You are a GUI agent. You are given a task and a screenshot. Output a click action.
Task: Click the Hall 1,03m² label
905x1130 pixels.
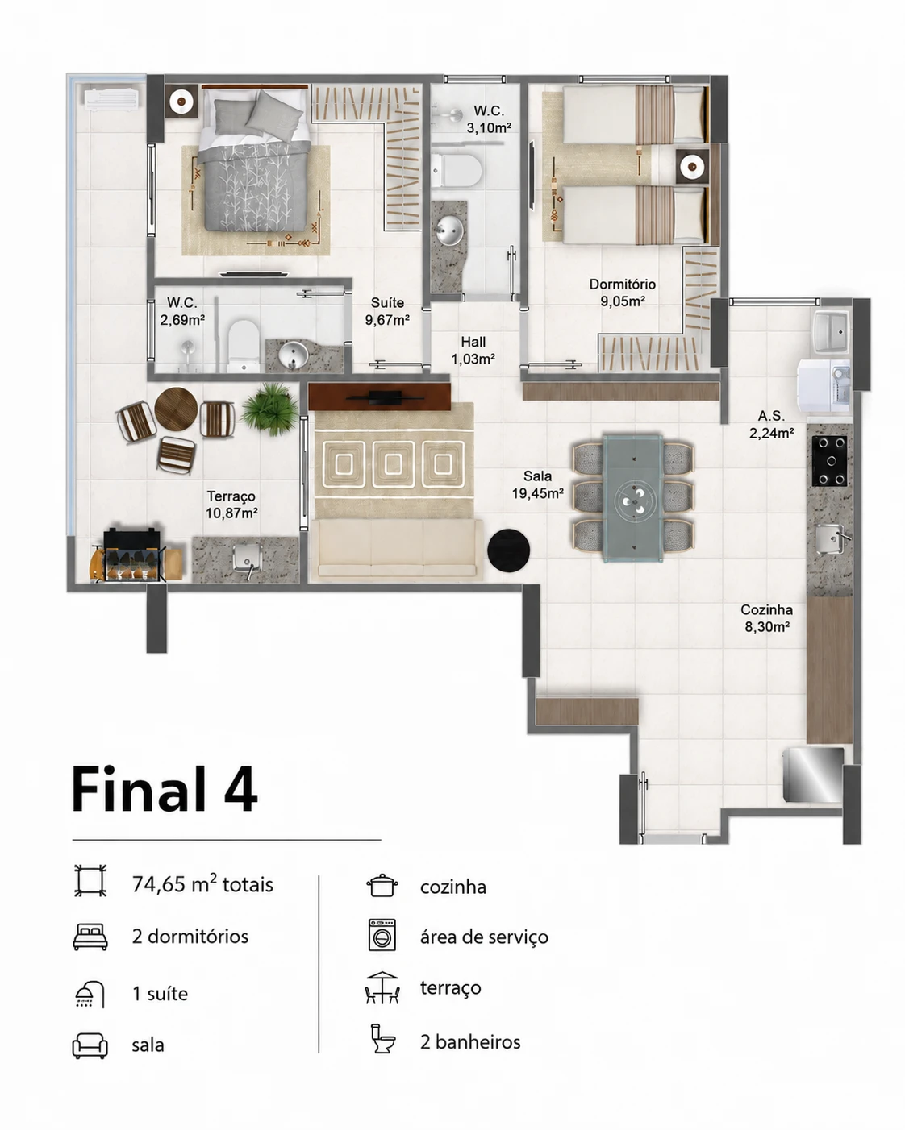coord(473,351)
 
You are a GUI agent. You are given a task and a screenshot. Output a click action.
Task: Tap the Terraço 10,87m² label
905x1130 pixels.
coord(231,505)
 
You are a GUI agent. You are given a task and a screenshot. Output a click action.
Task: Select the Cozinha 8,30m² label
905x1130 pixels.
coord(767,618)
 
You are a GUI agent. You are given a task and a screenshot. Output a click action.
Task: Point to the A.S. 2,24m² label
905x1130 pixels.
coord(771,424)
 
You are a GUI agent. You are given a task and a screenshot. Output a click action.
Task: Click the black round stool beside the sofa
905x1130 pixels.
coord(508,550)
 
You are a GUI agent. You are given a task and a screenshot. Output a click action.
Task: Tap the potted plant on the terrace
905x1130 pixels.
coord(270,409)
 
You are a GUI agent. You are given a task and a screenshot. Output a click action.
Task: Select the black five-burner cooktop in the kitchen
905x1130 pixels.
coord(830,461)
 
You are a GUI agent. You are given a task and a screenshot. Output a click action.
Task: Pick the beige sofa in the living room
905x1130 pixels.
coord(397,549)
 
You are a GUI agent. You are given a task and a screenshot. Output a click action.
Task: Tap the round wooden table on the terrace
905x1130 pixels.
coord(176,409)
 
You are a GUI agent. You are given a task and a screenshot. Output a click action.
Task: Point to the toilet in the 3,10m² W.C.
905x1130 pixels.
coord(457,170)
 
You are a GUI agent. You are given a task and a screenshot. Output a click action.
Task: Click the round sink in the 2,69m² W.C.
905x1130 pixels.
coord(293,355)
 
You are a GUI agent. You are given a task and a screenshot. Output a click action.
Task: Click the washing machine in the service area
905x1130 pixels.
coord(824,385)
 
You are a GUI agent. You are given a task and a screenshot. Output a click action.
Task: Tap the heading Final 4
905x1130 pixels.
coord(165,789)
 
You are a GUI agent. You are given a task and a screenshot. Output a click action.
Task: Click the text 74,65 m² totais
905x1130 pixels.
coord(202,884)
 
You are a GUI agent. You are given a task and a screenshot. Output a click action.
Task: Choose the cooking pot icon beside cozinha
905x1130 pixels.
coord(382,885)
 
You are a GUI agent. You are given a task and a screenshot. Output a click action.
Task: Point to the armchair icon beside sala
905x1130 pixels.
coord(90,1045)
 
